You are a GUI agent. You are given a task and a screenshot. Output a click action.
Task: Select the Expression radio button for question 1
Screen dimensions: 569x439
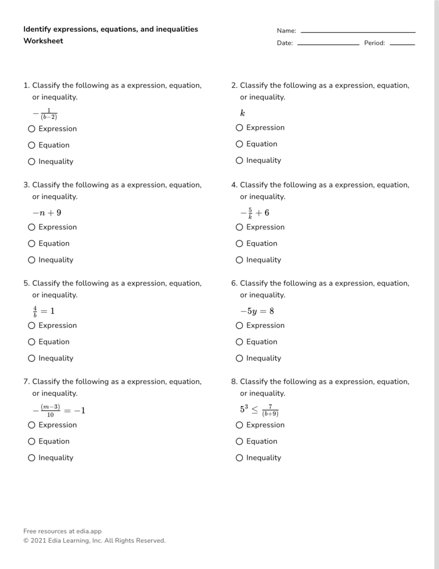click(x=32, y=129)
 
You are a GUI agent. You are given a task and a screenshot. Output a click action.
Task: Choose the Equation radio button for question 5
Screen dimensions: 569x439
click(x=32, y=342)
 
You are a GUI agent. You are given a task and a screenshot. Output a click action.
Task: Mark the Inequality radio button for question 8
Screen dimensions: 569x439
click(x=240, y=458)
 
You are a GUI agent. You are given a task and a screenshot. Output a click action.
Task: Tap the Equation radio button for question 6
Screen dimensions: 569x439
click(x=240, y=342)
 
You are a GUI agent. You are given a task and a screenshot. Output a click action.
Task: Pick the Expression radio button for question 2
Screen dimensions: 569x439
click(x=240, y=128)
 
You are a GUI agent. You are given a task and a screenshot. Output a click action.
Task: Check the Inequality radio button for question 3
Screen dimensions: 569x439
click(x=32, y=260)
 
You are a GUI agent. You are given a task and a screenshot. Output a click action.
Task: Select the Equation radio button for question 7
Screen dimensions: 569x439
click(x=32, y=441)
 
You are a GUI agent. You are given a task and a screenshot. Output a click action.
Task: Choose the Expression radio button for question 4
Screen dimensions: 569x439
click(x=240, y=227)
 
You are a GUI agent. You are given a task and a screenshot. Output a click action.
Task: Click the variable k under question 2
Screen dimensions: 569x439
click(x=242, y=113)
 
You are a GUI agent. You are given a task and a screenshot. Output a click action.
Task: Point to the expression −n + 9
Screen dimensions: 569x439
click(x=47, y=212)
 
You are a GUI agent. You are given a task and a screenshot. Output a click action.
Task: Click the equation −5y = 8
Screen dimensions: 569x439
click(x=257, y=311)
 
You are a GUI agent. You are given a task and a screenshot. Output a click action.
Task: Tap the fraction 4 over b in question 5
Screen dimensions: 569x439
click(x=35, y=311)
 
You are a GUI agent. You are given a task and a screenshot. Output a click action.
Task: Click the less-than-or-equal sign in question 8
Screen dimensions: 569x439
click(x=255, y=410)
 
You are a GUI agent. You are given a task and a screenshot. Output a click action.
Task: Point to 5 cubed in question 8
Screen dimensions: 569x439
click(x=244, y=409)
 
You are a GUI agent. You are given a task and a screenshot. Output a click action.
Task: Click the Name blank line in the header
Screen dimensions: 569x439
click(x=358, y=32)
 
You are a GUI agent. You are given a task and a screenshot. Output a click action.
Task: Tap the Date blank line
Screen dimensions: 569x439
click(x=328, y=44)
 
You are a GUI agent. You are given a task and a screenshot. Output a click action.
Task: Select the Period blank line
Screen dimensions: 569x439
click(x=402, y=44)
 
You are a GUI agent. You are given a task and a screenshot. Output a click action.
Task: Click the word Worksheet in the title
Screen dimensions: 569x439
click(x=43, y=41)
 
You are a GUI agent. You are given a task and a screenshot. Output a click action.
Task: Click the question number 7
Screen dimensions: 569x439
click(x=26, y=382)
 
